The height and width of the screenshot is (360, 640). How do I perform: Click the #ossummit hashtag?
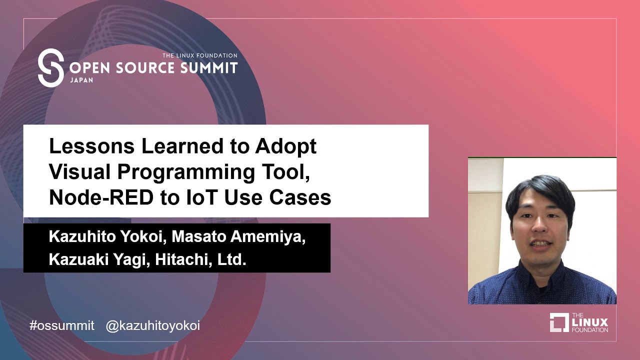pos(62,325)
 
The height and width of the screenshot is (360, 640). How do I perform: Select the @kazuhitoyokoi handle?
pos(153,325)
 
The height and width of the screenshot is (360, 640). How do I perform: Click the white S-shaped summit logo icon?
pos(50,68)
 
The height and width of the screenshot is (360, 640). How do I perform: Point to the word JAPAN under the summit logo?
pos(81,79)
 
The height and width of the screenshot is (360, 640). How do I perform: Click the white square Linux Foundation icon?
pos(559,322)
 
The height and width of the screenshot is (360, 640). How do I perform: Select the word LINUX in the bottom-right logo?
pos(590,322)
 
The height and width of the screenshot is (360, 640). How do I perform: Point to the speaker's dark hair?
pos(540,189)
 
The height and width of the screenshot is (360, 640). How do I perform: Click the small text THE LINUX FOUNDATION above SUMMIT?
pos(199,55)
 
